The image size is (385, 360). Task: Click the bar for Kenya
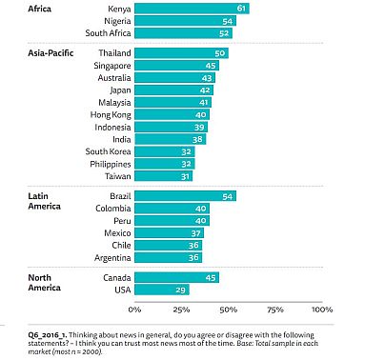tap(192, 9)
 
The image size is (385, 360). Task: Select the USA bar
tap(162, 290)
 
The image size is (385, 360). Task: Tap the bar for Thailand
tap(181, 53)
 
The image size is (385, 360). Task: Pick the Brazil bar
tap(186, 196)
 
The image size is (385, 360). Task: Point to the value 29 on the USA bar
tap(180, 290)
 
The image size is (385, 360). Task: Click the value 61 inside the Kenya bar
tap(241, 9)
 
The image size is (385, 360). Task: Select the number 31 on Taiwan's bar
tap(185, 176)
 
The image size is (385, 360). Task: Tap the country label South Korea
tap(108, 151)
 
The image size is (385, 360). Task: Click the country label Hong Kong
tap(111, 115)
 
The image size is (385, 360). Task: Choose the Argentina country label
tap(112, 258)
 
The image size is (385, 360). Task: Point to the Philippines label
tap(111, 164)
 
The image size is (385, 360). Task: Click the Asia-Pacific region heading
tap(51, 52)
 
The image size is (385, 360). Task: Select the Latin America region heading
tap(44, 201)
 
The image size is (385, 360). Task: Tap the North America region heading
tap(44, 283)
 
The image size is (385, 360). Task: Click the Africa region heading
tap(39, 9)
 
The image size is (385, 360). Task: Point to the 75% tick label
tap(275, 310)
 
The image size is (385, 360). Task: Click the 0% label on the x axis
tap(134, 310)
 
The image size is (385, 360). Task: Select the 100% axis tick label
tap(322, 310)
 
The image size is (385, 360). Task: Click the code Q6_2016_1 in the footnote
tap(48, 335)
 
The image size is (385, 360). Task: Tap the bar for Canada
tap(177, 277)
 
